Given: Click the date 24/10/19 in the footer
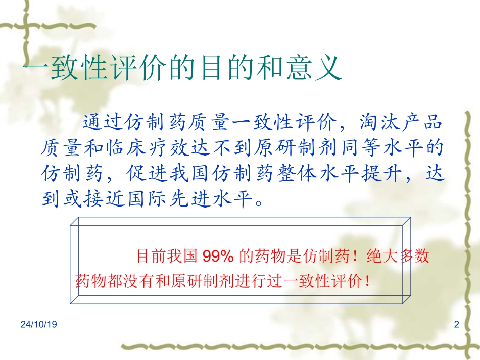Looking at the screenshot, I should (39, 325).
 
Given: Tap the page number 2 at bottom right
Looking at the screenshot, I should (457, 325).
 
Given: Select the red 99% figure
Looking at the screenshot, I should (217, 256).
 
